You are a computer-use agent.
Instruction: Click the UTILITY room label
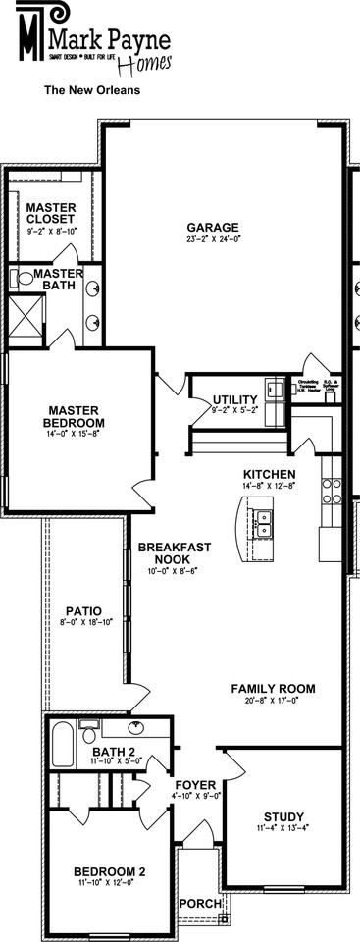tap(235, 399)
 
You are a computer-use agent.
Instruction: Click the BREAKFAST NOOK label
tap(164, 552)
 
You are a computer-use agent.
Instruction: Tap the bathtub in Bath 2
tap(62, 736)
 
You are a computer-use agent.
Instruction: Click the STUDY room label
tap(283, 816)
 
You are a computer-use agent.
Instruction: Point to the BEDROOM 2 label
tap(109, 871)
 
